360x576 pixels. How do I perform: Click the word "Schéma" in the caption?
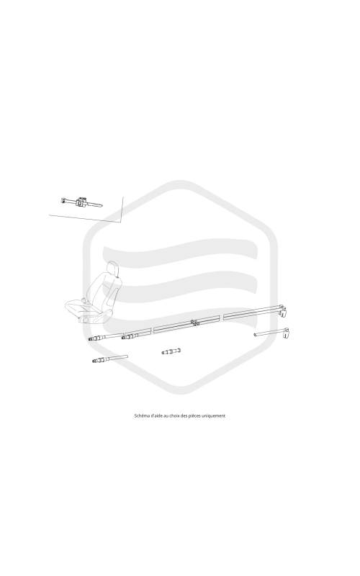pos(142,416)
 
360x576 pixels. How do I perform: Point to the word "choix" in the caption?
pos(175,416)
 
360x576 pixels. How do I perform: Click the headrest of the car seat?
pos(113,269)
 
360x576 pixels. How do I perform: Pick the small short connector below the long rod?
pos(171,351)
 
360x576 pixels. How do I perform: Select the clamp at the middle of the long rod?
pos(195,323)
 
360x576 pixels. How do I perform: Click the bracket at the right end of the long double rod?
pos(282,311)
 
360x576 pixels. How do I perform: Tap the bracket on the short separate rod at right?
pos(286,333)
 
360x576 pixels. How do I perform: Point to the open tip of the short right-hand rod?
pos(255,334)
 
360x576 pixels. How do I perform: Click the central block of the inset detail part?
pos(81,202)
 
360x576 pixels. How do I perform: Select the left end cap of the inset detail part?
pos(63,200)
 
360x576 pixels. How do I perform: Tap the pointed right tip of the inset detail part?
pos(102,206)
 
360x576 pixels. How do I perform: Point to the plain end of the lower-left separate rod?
pos(126,356)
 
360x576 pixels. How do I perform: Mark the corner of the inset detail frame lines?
pos(120,222)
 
